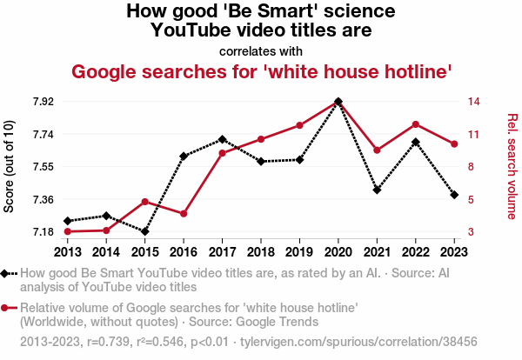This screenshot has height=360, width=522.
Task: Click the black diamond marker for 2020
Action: click(x=338, y=102)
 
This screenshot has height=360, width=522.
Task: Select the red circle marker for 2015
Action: click(x=144, y=202)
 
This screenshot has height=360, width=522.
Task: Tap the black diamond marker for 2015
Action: click(x=144, y=231)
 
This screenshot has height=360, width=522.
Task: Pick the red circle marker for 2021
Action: click(x=377, y=150)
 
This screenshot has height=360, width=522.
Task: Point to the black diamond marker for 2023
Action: click(x=454, y=195)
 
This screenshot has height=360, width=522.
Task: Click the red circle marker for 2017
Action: click(x=222, y=153)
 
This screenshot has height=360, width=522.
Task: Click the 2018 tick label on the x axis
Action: click(x=260, y=251)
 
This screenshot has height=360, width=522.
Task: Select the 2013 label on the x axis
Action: click(x=67, y=251)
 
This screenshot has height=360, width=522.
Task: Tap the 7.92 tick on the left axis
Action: click(x=42, y=101)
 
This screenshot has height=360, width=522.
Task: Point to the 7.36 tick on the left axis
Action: click(x=42, y=199)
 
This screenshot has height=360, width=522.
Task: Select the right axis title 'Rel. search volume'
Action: click(x=512, y=165)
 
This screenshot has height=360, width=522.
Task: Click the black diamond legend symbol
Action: click(x=7, y=273)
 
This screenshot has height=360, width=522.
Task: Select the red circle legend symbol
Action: click(x=7, y=308)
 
